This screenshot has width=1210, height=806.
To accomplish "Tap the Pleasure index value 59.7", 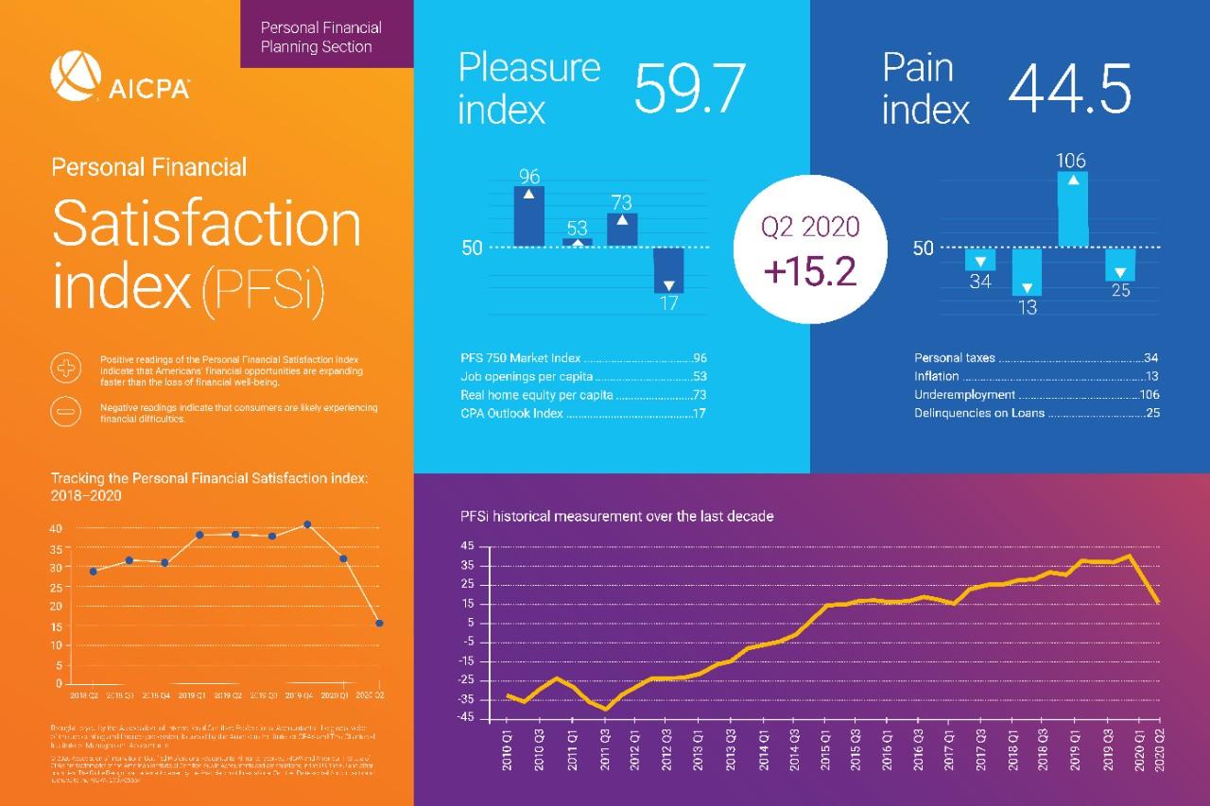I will (689, 90).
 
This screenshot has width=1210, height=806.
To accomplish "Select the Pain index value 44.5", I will (1069, 90).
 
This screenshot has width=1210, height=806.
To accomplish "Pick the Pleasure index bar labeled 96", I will (528, 215).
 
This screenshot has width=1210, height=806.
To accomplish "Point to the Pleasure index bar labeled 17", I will (668, 270).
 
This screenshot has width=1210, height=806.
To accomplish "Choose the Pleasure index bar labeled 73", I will (622, 230).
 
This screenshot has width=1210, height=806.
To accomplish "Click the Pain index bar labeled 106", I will (1072, 209).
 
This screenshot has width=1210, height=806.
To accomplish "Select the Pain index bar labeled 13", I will (1027, 272).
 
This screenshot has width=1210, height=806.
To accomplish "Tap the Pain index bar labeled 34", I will (980, 260).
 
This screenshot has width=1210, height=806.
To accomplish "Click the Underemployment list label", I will (964, 395).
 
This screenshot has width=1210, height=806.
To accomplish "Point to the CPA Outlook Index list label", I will (511, 413).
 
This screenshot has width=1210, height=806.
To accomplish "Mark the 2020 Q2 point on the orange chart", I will (379, 623).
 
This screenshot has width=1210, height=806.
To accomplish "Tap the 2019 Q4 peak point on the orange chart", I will (307, 524).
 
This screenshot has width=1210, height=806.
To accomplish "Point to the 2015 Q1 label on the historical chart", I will (825, 746).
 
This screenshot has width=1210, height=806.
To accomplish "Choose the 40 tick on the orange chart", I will (57, 528).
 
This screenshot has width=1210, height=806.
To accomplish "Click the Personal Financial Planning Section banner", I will (320, 38).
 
